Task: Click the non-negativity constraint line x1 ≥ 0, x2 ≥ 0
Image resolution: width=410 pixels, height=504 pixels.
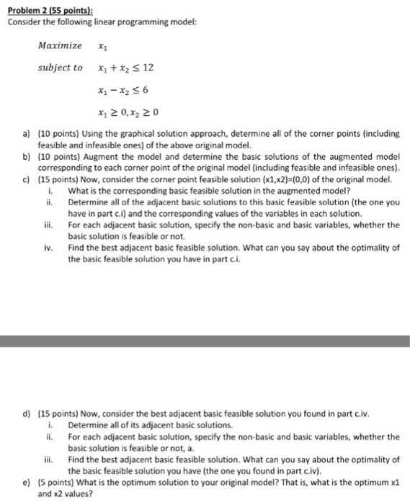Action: pos(126,113)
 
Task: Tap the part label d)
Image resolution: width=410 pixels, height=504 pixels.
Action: pos(27,415)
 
